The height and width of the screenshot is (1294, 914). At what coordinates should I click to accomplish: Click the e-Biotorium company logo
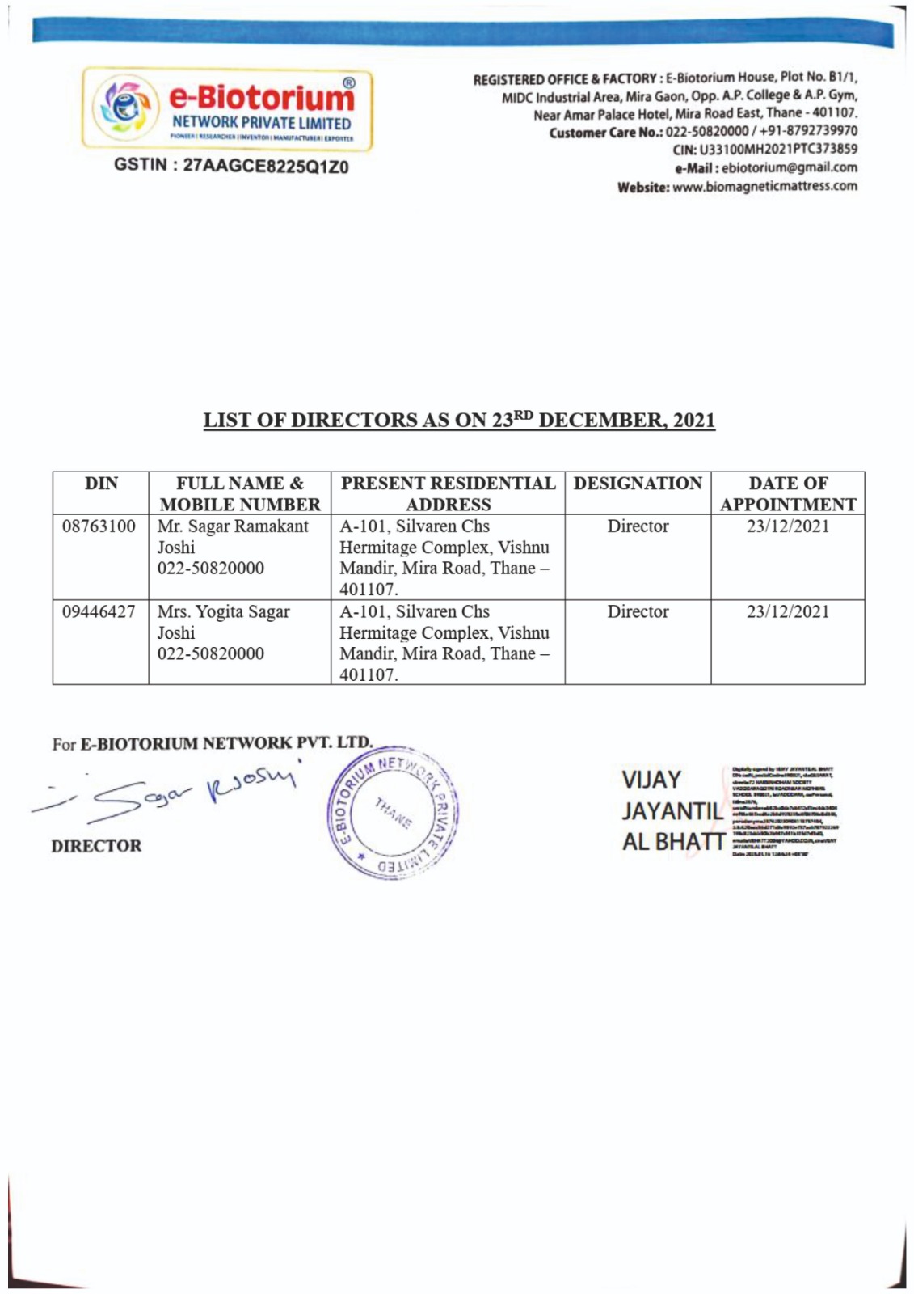pos(227,109)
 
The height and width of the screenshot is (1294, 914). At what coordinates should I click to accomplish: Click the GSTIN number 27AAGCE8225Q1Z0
pos(231,167)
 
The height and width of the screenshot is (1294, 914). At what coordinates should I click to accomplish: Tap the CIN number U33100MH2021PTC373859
pos(764,150)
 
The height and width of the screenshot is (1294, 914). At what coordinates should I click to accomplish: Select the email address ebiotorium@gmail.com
pos(789,167)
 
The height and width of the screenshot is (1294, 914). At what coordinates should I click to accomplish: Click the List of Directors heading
pos(459,421)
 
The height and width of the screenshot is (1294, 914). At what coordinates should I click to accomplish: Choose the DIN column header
pos(101,484)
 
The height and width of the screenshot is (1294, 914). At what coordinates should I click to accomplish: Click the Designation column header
pos(638,484)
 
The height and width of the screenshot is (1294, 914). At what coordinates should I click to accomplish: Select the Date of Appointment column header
pos(788,494)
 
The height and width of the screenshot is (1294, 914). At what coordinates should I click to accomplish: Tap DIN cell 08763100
pos(99,526)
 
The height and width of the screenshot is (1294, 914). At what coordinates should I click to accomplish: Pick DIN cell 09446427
pos(99,612)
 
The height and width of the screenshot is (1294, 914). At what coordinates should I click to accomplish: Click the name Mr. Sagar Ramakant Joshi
pos(233,536)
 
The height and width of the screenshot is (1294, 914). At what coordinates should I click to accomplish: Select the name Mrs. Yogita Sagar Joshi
pos(223,622)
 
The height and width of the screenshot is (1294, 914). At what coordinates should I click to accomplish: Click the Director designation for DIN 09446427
pos(638,612)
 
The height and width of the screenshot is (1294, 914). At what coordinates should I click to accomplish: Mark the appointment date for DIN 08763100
pos(788,526)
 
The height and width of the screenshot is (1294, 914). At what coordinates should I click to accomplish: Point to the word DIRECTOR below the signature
pos(96,846)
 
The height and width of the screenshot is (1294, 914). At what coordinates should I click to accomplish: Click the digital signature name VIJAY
pos(651,780)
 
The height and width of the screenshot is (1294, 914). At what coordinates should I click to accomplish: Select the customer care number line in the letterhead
pos(703,132)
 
